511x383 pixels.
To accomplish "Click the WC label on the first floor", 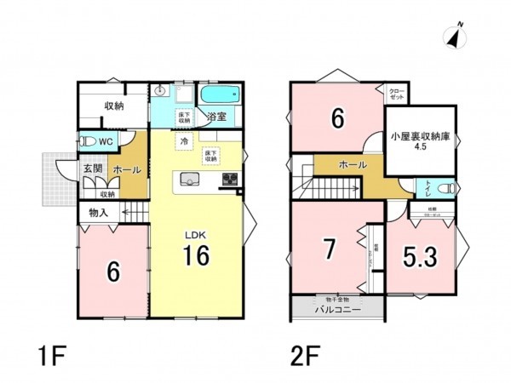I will click(x=106, y=140).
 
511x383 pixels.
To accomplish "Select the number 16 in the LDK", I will click(x=195, y=255).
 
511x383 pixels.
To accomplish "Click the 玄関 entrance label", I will click(x=92, y=169).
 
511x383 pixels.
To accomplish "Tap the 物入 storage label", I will click(x=99, y=212).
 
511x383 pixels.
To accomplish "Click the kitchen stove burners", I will click(x=230, y=179).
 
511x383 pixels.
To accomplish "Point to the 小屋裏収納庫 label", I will click(x=419, y=136).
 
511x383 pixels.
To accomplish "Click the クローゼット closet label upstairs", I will click(x=397, y=94).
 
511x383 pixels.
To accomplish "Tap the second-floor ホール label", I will click(x=353, y=164).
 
